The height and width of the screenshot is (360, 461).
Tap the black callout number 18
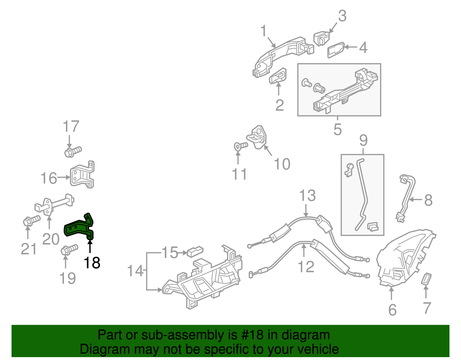pyautogui.click(x=92, y=263)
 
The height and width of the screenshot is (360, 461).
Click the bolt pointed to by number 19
pyautogui.click(x=69, y=249)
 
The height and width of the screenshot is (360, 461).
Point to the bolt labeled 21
pyautogui.click(x=31, y=221)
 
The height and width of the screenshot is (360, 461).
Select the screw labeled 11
pyautogui.click(x=241, y=146)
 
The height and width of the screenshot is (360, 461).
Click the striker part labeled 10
pyautogui.click(x=258, y=137)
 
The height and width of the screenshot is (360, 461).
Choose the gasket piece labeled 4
pyautogui.click(x=336, y=50)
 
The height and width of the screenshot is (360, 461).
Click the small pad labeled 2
pyautogui.click(x=278, y=76)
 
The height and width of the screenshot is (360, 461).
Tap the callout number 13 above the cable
pyautogui.click(x=307, y=196)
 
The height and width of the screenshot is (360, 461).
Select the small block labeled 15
pyautogui.click(x=195, y=252)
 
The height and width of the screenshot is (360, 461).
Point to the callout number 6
pyautogui.click(x=392, y=310)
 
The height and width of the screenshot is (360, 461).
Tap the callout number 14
pyautogui.click(x=135, y=271)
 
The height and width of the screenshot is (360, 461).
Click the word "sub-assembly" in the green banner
pyautogui.click(x=183, y=335)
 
